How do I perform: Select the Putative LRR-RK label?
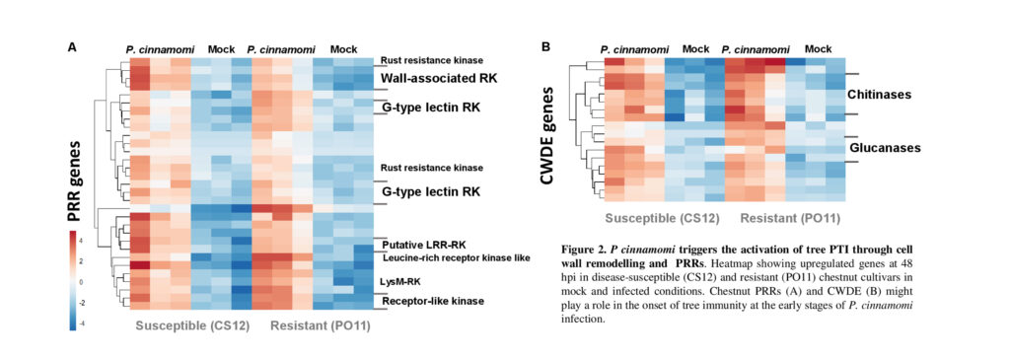coord(423,246)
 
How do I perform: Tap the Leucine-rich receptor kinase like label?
coord(456,258)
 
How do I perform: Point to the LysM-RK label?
coord(401,281)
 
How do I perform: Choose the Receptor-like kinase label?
coord(432,301)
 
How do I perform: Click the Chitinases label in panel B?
coord(878,94)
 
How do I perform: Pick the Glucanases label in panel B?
coord(885,148)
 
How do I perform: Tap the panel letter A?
coord(72,46)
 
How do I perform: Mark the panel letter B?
coord(545,46)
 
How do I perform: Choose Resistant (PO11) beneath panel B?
coord(790,218)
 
